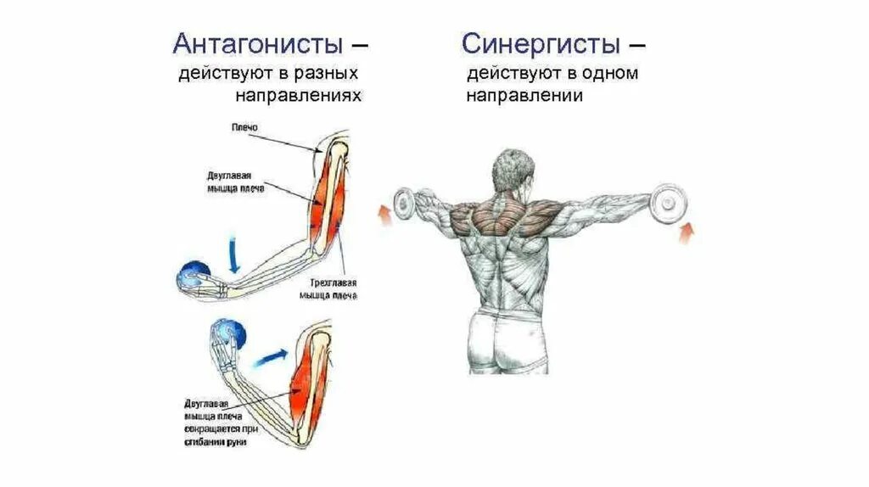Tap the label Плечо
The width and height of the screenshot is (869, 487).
pyautogui.click(x=244, y=127)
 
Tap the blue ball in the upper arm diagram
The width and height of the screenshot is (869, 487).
pyautogui.click(x=193, y=277)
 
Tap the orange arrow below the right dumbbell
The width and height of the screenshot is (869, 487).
pyautogui.click(x=687, y=231)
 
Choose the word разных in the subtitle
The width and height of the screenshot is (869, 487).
pyautogui.click(x=329, y=74)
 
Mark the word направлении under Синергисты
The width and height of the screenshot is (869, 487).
pyautogui.click(x=523, y=96)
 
